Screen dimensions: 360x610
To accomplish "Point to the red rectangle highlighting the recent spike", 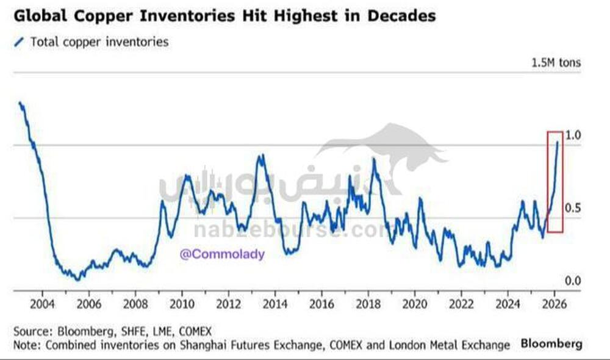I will [554, 181].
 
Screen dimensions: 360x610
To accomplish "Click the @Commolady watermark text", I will [222, 254].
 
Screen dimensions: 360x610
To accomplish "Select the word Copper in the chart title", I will [97, 15].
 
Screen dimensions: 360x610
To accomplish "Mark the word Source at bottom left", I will [30, 331].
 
